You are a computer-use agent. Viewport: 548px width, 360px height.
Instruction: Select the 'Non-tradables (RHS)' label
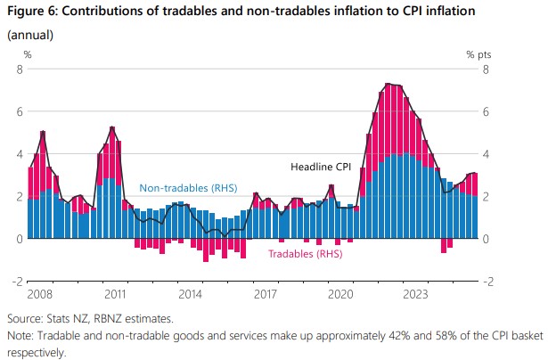coord(186,189)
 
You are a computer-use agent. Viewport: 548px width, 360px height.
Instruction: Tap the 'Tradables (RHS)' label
coord(306,254)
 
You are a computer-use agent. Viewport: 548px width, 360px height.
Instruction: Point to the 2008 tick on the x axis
coord(38,292)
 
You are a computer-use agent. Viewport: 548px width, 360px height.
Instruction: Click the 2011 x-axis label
coord(115,292)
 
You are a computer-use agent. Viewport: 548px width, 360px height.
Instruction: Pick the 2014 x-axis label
coord(190,292)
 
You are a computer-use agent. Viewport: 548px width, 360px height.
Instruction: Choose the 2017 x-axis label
coord(264,292)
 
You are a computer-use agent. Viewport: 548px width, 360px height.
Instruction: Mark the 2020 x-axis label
coord(339,292)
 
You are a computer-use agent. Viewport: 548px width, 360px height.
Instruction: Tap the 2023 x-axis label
coord(413,292)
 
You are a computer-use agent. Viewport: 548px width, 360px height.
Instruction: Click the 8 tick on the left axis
coord(17,69)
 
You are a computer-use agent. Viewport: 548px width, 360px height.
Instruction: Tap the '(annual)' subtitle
coord(30,35)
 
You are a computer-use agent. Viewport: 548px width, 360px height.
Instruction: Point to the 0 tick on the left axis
coord(17,239)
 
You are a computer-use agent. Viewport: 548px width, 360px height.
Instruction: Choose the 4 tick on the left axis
coord(17,153)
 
